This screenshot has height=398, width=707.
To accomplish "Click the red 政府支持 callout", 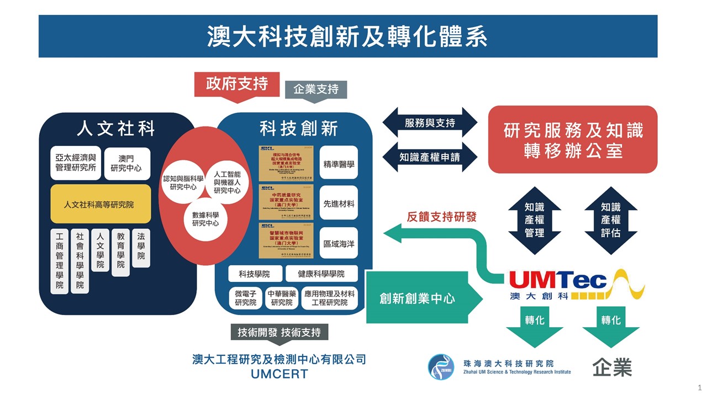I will click(x=237, y=84).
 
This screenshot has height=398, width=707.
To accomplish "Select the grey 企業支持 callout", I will click(x=315, y=89).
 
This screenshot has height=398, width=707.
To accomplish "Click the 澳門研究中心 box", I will click(x=126, y=164).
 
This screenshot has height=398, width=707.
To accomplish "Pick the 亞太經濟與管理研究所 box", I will click(x=76, y=164).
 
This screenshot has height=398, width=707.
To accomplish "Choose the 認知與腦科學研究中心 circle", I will click(x=183, y=183).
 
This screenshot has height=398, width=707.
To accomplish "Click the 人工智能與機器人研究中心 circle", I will click(x=227, y=183).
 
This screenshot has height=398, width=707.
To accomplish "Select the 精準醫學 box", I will click(x=339, y=164).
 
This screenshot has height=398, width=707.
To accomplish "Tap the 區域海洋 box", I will click(x=339, y=243).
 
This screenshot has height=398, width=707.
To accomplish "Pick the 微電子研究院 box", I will click(x=245, y=298).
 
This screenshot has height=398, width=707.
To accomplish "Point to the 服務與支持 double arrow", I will click(x=430, y=123).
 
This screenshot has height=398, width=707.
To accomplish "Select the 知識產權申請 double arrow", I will click(x=430, y=156).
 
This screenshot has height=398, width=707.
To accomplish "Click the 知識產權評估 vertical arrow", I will click(x=610, y=221).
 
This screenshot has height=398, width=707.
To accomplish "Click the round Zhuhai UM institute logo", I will click(x=441, y=367).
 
